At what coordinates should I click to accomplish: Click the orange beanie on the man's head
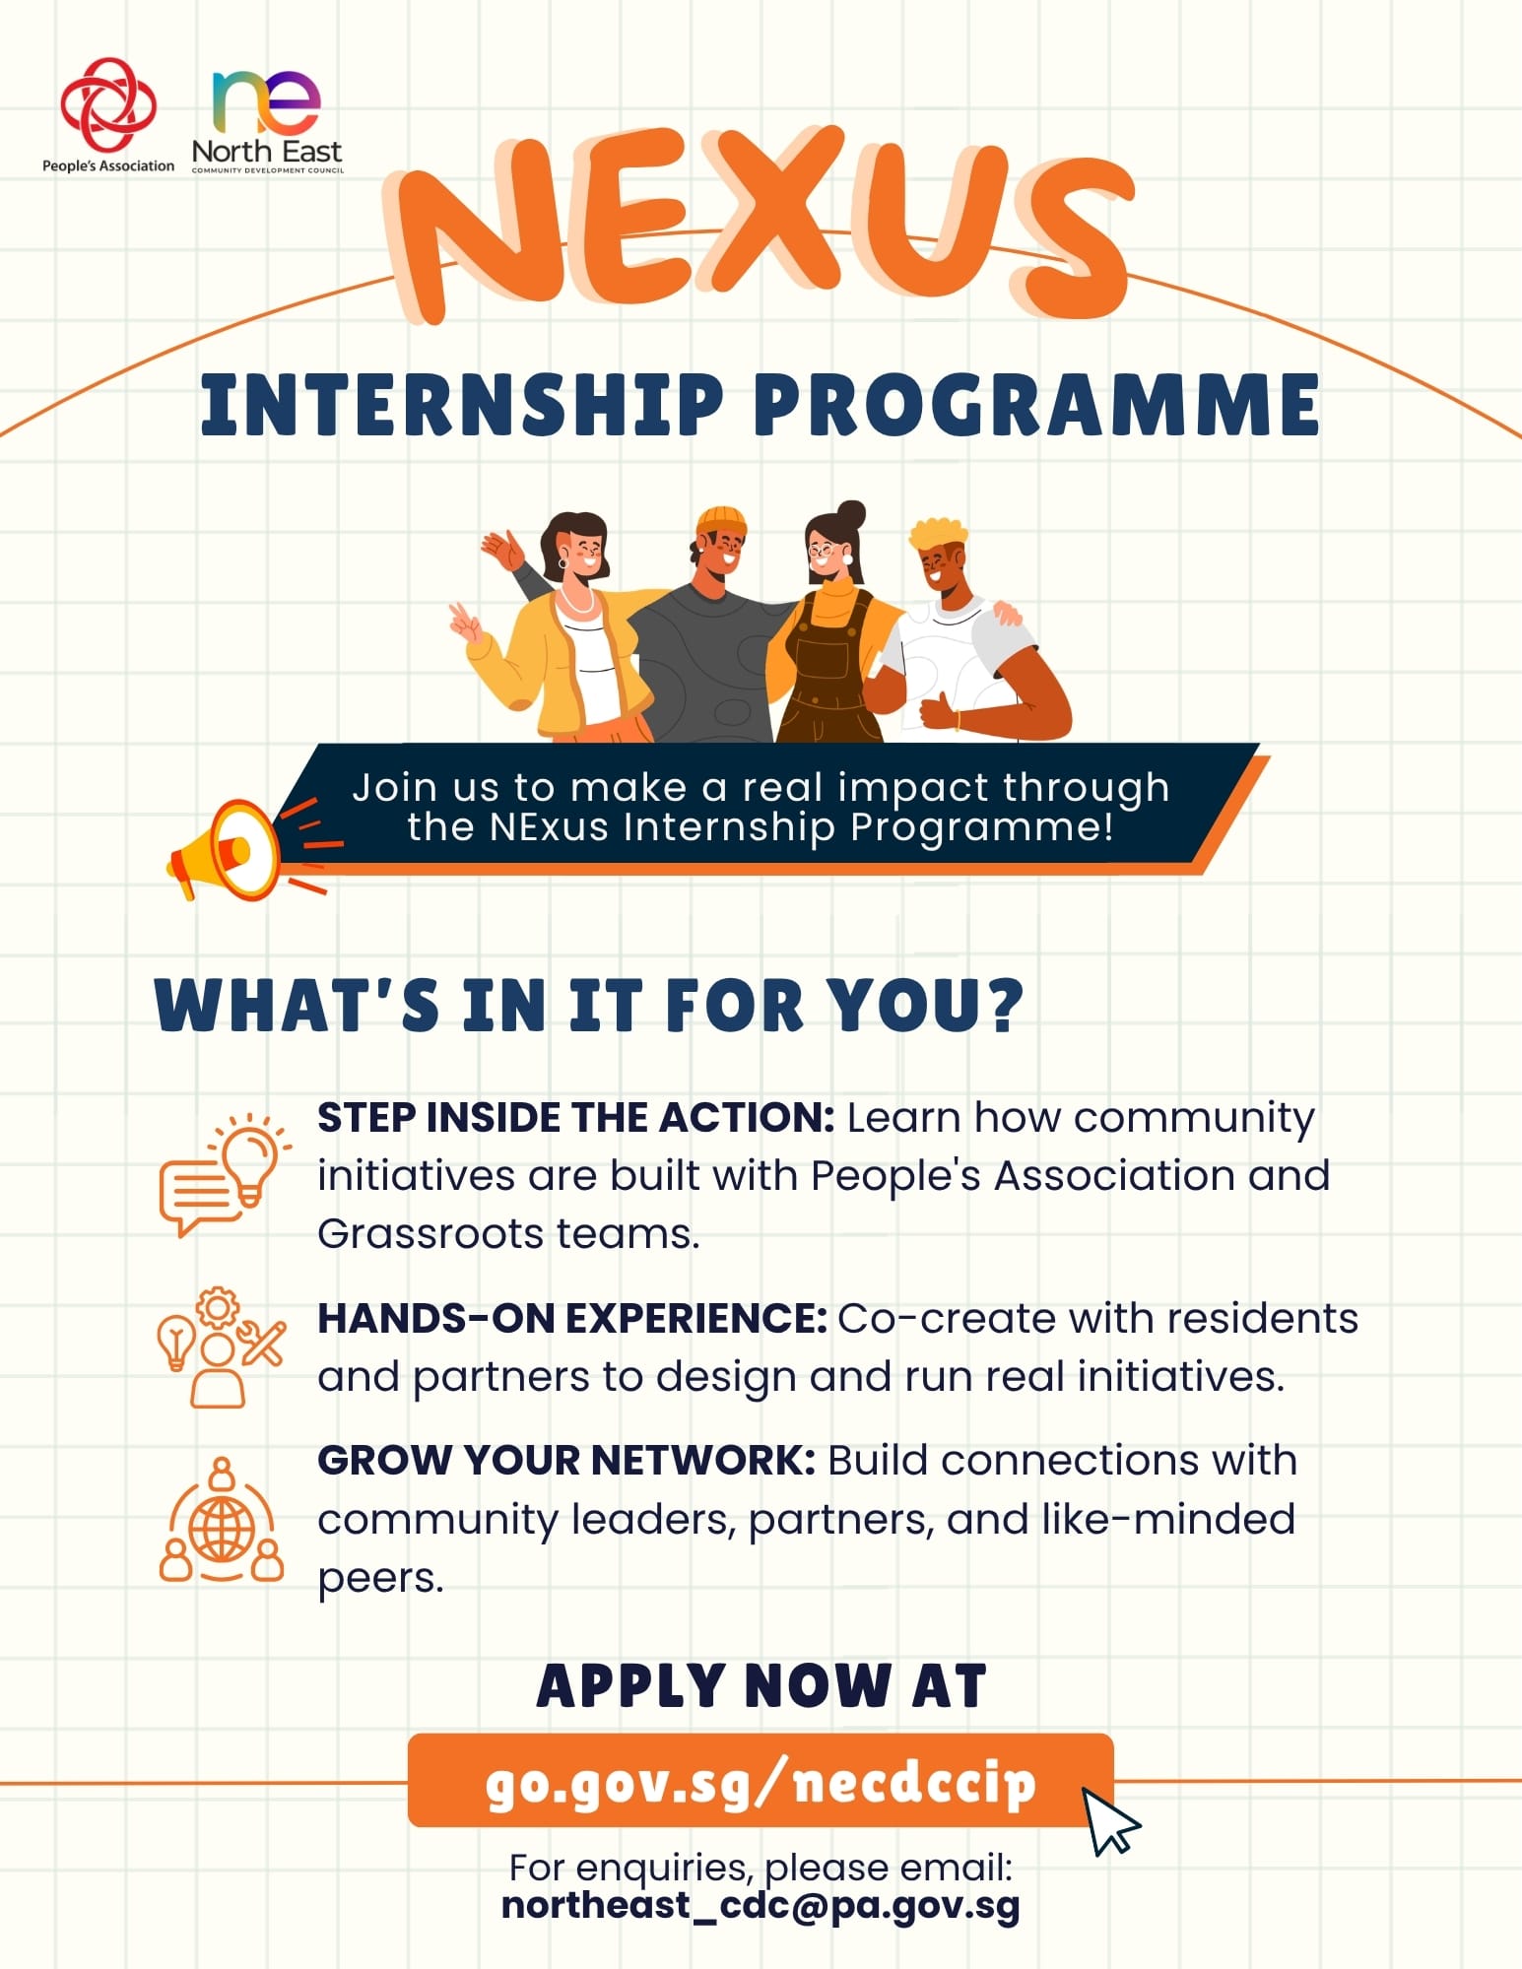click(x=721, y=520)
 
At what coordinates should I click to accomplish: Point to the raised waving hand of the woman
click(x=503, y=549)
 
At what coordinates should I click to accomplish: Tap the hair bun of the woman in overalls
click(x=850, y=514)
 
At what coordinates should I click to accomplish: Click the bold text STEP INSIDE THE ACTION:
click(x=576, y=1118)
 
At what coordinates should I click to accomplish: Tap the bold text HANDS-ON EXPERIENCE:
click(x=572, y=1318)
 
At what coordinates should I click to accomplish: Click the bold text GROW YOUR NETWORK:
click(x=566, y=1460)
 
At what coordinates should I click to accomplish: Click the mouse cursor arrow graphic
click(x=1111, y=1821)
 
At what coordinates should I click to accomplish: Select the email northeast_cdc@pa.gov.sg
click(x=761, y=1907)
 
